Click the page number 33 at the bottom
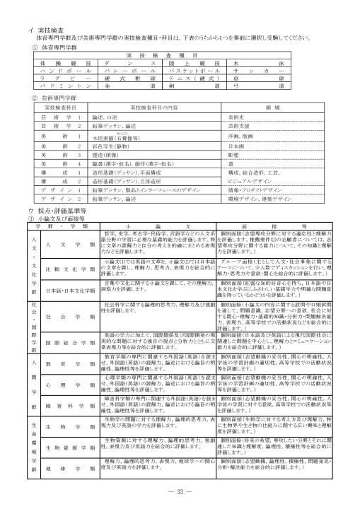coord(180,491)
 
